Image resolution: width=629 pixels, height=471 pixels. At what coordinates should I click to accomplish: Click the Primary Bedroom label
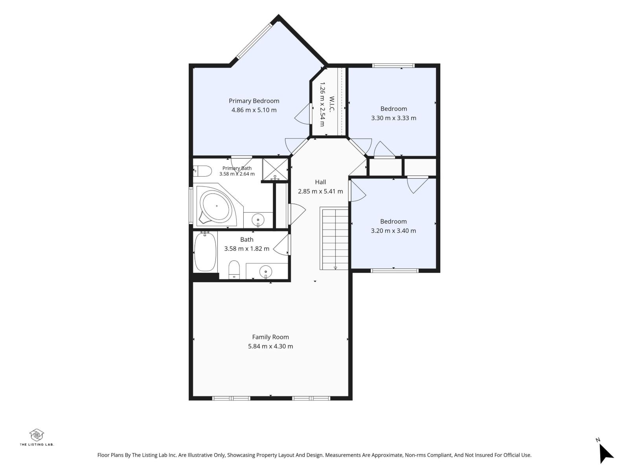click(254, 101)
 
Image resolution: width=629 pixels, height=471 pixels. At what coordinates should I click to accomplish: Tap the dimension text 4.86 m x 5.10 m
click(254, 110)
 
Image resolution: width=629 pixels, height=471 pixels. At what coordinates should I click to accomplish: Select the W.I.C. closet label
click(332, 104)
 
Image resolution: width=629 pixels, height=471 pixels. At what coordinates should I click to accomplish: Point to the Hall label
click(320, 182)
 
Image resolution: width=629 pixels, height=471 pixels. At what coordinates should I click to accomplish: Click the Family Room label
click(270, 337)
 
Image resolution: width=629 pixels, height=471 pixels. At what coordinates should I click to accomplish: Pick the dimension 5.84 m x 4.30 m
click(270, 346)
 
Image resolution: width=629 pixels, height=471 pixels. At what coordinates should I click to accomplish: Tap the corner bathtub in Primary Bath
click(216, 206)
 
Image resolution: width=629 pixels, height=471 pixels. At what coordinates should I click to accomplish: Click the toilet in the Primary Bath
click(202, 171)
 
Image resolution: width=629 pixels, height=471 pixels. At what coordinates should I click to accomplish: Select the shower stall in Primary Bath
click(275, 170)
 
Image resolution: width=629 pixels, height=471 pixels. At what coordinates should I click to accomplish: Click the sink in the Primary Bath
click(258, 220)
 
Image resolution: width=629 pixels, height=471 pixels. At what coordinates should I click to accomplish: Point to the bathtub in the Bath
click(205, 251)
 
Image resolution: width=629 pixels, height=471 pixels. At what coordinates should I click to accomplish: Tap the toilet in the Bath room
click(234, 269)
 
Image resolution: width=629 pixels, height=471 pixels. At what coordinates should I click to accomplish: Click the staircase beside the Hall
click(334, 238)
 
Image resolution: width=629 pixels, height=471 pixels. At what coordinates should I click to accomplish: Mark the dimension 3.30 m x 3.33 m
click(394, 118)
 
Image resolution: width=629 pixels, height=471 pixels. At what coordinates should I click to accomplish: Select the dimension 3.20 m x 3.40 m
click(393, 231)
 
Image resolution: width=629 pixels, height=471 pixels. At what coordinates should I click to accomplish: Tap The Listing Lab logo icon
click(37, 435)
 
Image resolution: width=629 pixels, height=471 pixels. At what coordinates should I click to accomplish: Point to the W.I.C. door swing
click(303, 113)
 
